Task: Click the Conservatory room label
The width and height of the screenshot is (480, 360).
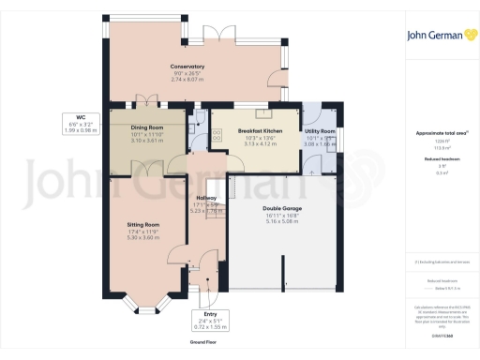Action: point(187,66)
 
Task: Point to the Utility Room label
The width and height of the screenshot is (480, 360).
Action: point(320,132)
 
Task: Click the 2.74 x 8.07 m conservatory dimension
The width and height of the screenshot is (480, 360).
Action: point(187,80)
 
